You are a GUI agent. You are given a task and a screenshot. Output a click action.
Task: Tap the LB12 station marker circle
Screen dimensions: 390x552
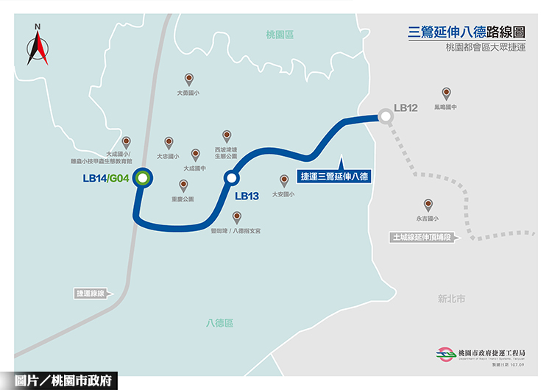(385, 116)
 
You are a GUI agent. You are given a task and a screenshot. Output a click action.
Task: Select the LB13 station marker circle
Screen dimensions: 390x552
(232, 177)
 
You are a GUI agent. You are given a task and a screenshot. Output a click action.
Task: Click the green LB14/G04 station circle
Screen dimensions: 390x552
(142, 177)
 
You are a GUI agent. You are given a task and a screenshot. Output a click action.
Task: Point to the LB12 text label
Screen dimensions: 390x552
(406, 108)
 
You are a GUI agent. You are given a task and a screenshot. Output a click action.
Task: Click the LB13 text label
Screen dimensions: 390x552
(247, 196)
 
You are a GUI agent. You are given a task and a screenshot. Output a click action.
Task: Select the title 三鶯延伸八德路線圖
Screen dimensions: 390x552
(467, 32)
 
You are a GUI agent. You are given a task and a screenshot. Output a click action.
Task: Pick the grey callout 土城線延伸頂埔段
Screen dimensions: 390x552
(422, 238)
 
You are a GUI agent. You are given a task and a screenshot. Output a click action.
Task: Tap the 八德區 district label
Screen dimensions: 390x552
(219, 323)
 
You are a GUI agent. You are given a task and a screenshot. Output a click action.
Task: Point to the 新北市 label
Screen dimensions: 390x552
(451, 298)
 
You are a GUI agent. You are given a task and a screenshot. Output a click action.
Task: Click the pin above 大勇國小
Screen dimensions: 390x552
(189, 79)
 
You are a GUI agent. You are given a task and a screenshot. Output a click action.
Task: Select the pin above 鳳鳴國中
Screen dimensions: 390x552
(446, 93)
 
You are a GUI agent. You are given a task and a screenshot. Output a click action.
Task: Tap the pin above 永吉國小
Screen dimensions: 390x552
(427, 205)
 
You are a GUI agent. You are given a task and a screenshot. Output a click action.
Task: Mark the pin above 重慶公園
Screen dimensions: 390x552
(183, 185)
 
